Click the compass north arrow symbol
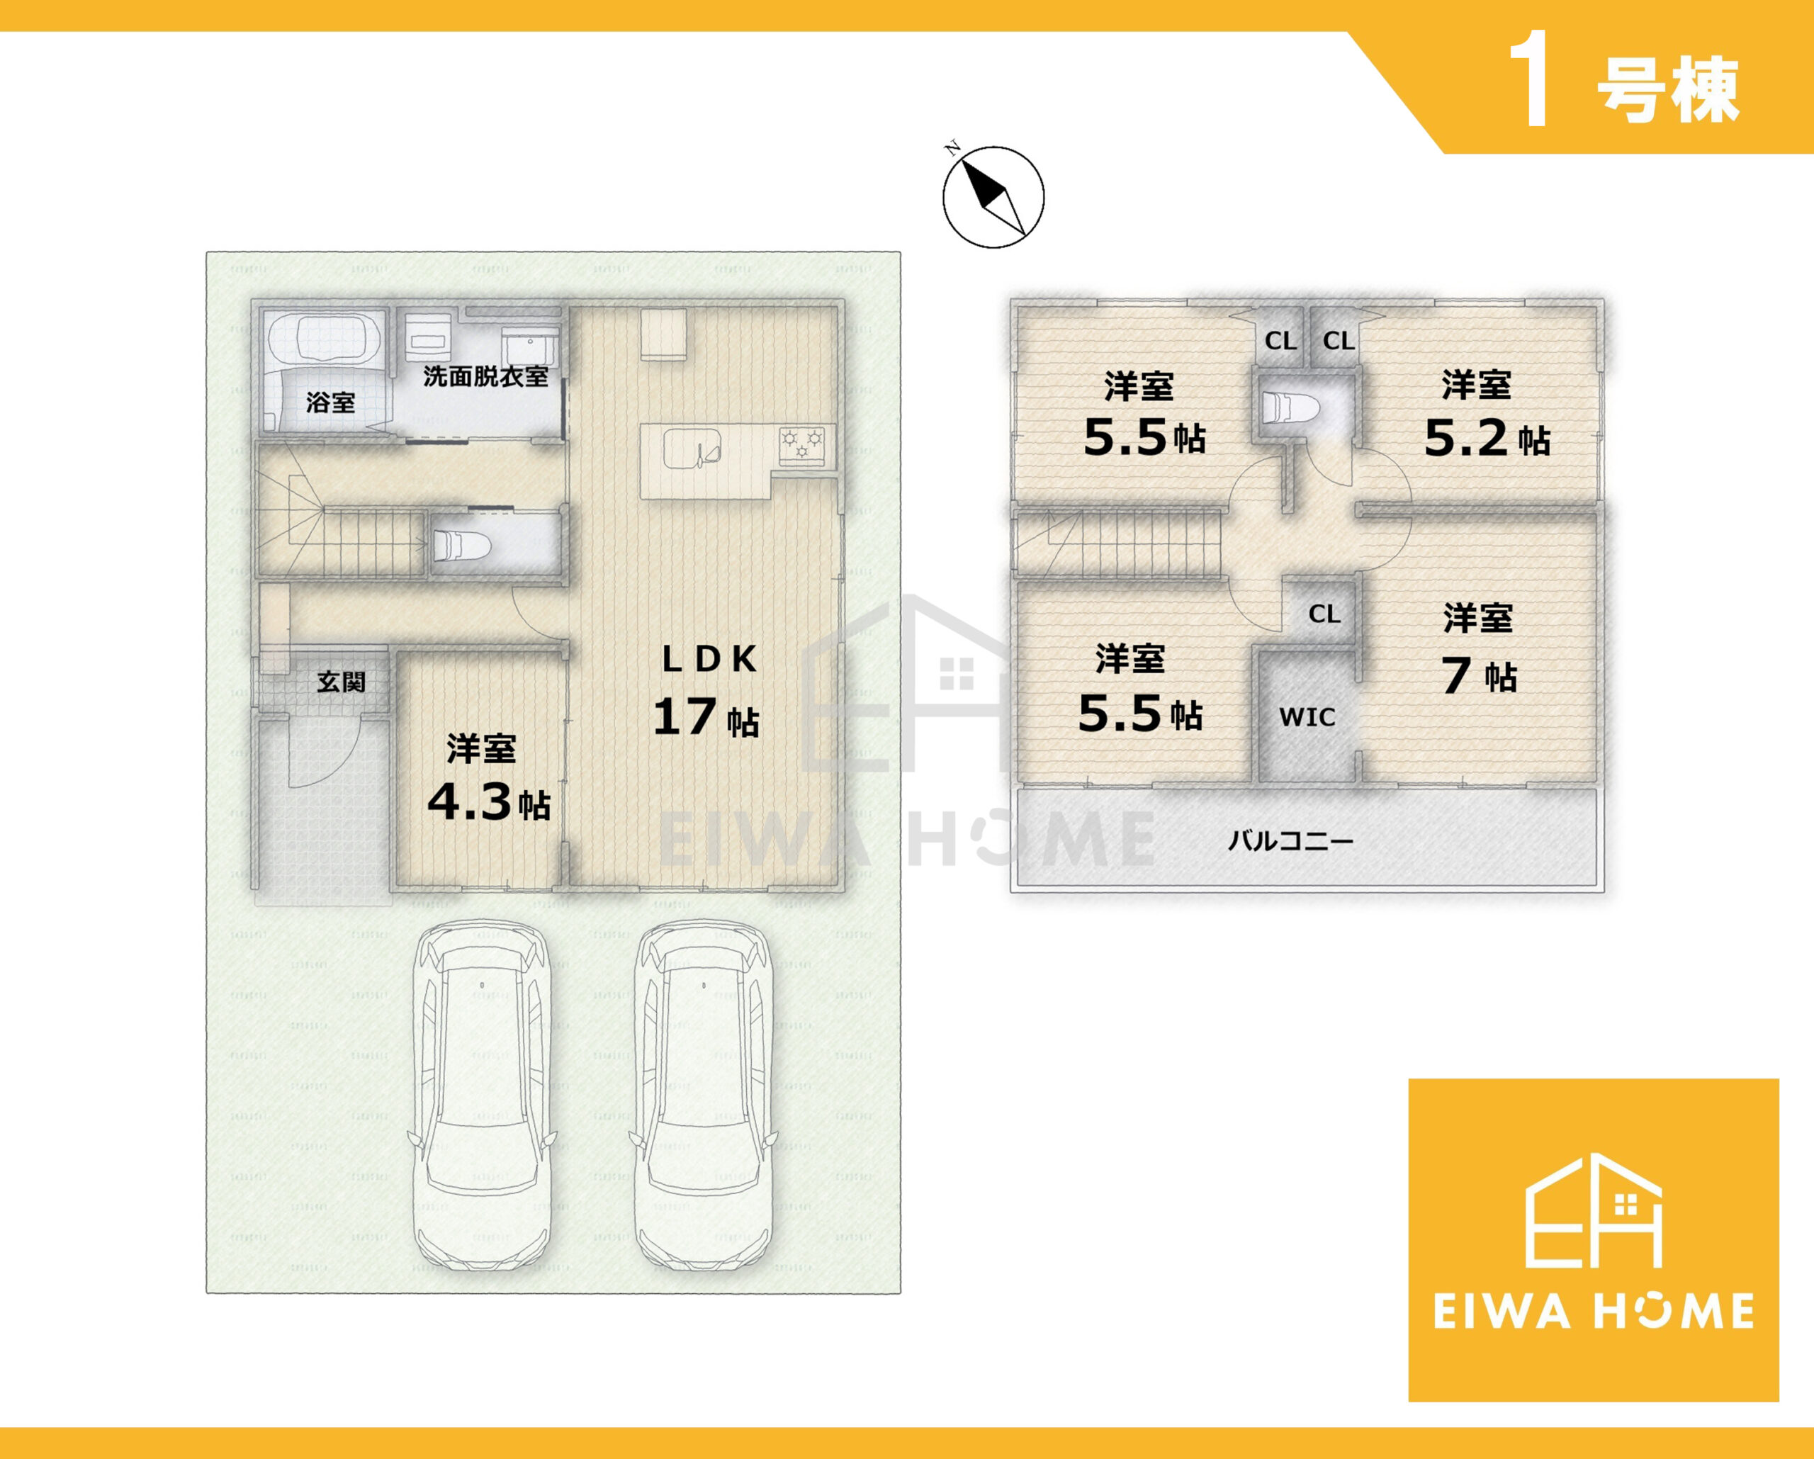pos(993,196)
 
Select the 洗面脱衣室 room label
pos(485,376)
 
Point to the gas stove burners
pos(802,444)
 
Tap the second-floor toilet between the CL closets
pos(1285,407)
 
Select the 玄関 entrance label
pos(341,682)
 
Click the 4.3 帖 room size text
pos(489,802)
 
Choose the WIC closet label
pos(1307,717)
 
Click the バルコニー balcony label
pos(1290,840)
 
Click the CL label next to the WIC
pos(1324,614)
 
